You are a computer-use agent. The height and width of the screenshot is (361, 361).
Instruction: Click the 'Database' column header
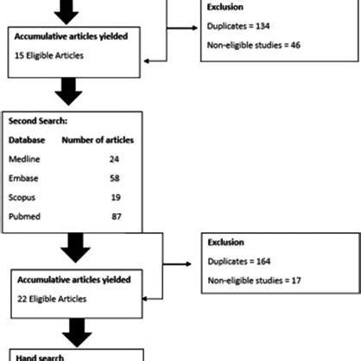(29, 139)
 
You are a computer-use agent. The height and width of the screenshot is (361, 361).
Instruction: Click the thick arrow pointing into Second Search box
(70, 92)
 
